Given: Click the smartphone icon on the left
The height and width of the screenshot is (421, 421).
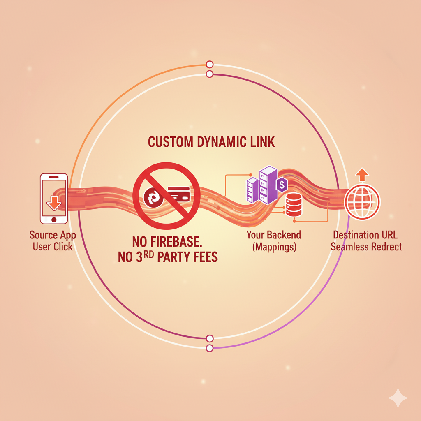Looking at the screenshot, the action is click(x=54, y=199).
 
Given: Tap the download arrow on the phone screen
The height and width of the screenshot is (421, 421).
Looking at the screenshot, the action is click(x=54, y=203).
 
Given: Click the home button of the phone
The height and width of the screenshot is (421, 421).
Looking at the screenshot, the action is click(x=54, y=220).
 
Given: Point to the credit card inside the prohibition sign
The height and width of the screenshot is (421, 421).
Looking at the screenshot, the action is click(x=179, y=194).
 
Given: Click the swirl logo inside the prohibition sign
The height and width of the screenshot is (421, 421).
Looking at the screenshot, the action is click(x=154, y=198).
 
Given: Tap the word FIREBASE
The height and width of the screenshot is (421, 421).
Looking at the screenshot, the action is click(x=176, y=242).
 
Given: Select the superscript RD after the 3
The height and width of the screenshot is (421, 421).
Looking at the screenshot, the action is click(x=148, y=254).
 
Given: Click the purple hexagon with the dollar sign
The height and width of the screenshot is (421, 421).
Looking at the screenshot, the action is click(x=282, y=185).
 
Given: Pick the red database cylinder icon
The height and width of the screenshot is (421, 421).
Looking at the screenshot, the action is click(x=294, y=205).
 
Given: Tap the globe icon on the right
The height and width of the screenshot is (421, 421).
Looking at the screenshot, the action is click(x=362, y=201).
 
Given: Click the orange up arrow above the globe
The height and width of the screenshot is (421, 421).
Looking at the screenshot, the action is click(x=362, y=175).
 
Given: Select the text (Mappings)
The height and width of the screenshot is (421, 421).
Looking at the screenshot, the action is click(x=274, y=247).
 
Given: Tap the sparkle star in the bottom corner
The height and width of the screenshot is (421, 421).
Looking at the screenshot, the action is click(x=398, y=398).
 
